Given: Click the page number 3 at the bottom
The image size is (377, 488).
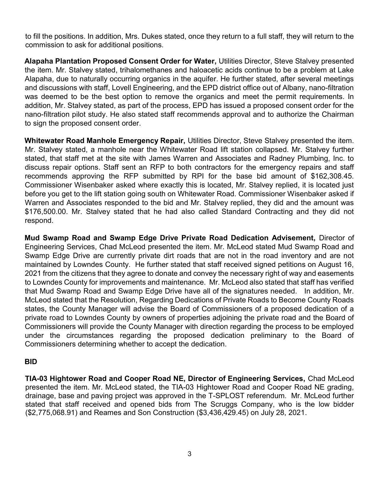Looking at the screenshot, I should (189, 454).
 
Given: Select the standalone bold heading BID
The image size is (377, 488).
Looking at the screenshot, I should (31, 361).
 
